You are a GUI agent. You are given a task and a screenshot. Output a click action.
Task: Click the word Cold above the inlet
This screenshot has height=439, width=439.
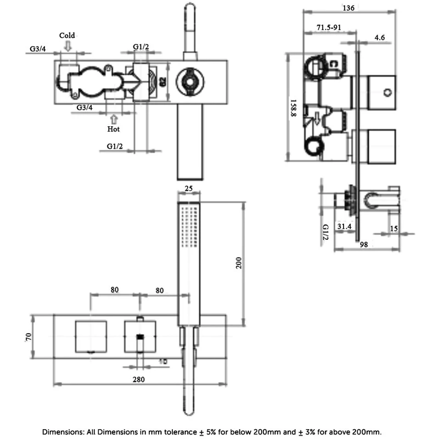pos(67,36)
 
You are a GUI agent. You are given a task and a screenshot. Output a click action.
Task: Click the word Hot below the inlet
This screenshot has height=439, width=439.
pos(114,129)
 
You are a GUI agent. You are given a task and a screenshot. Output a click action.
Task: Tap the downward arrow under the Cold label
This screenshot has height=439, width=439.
pos(67,46)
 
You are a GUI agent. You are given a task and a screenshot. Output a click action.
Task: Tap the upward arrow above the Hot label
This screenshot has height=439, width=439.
pos(114,118)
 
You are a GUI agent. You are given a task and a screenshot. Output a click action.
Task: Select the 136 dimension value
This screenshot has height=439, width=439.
pos(348,8)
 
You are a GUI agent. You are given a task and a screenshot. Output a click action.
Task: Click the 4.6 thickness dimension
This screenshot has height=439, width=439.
pos(380,38)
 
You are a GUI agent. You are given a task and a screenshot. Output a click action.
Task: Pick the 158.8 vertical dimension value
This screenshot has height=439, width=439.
pos(295,107)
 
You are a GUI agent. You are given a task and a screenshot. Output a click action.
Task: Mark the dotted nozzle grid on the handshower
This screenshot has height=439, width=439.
pos(189,226)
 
